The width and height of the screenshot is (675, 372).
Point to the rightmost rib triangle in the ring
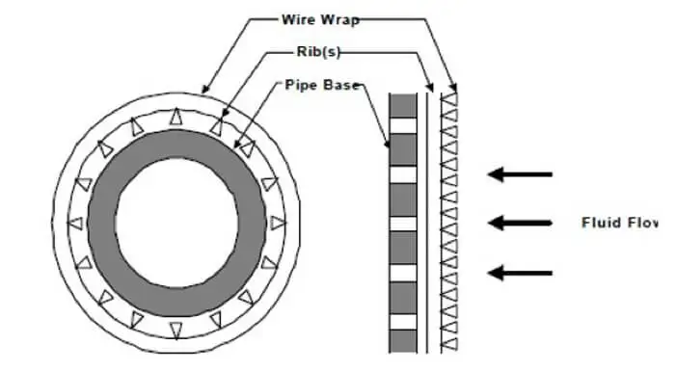point(279,224)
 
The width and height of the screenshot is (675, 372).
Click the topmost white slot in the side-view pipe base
point(402,124)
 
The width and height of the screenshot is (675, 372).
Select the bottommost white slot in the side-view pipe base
point(402,323)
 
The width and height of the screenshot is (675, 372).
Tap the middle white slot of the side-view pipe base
point(402,224)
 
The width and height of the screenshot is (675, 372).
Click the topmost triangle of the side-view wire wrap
point(448,97)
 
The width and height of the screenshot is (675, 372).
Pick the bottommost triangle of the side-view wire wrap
point(448,343)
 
